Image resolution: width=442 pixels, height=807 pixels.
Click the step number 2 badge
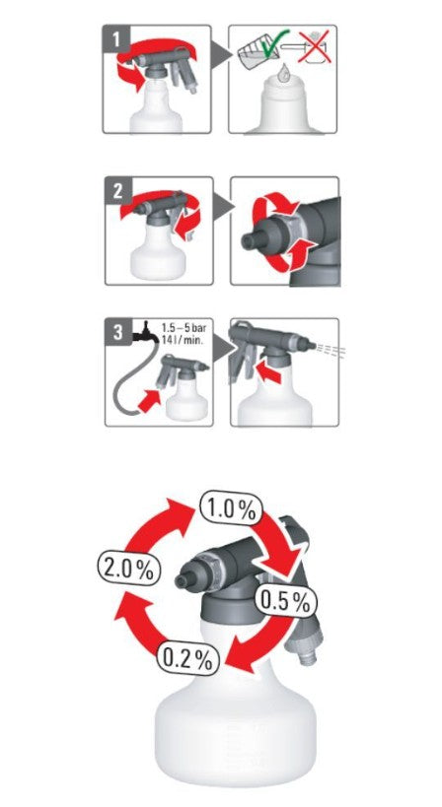118,191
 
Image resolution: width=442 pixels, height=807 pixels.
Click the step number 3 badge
118,331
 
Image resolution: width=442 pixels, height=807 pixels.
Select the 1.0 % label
231,508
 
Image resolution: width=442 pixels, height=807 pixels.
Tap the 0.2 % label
187,658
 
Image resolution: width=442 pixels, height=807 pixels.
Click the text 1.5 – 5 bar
184,327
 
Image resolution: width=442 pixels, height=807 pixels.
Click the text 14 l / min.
181,339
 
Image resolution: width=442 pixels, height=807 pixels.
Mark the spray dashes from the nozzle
331,350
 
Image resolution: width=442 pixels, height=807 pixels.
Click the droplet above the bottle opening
283,74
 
